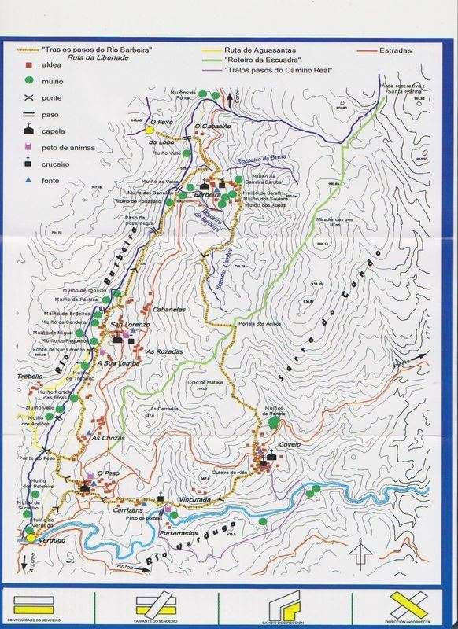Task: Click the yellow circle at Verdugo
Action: [x=31, y=538]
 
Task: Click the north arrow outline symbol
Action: [x=358, y=551]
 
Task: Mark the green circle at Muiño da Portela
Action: [x=273, y=422]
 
